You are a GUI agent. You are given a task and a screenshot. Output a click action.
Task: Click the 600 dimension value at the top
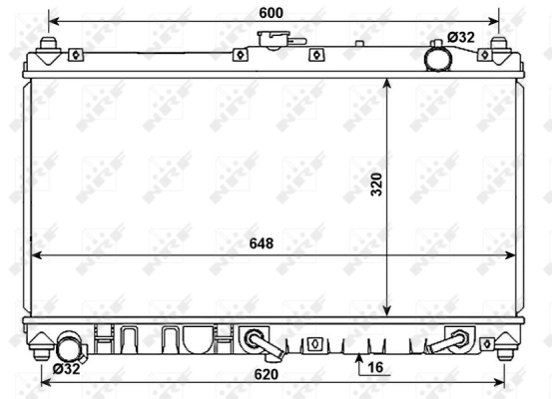tap(271, 12)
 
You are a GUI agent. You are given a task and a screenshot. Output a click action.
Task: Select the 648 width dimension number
tap(263, 242)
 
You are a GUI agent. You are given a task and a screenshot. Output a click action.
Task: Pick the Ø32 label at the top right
tap(461, 37)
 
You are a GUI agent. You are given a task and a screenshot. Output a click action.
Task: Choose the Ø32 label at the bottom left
tap(66, 369)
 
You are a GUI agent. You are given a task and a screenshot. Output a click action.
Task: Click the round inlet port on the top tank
tap(437, 58)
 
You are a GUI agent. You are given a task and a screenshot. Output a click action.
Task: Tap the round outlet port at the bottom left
tap(69, 348)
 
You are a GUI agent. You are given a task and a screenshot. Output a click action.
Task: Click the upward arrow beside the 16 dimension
tap(356, 357)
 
